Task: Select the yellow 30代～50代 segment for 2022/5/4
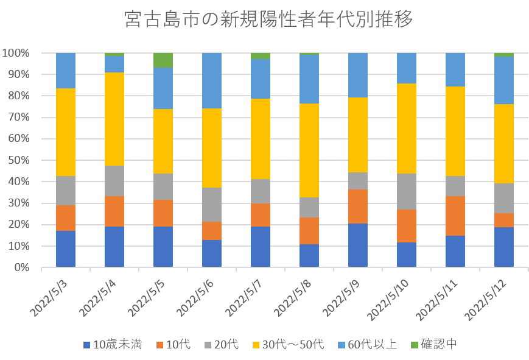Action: pyautogui.click(x=114, y=119)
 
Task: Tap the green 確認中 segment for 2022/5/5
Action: pyautogui.click(x=163, y=60)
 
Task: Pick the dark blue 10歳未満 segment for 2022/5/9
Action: pyautogui.click(x=358, y=245)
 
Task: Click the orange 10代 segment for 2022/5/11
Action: pyautogui.click(x=455, y=216)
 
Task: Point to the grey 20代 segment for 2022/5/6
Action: pyautogui.click(x=212, y=204)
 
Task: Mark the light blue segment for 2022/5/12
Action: pyautogui.click(x=504, y=80)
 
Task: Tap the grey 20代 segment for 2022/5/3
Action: pyautogui.click(x=66, y=191)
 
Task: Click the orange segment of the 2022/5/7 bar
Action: pyautogui.click(x=261, y=214)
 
